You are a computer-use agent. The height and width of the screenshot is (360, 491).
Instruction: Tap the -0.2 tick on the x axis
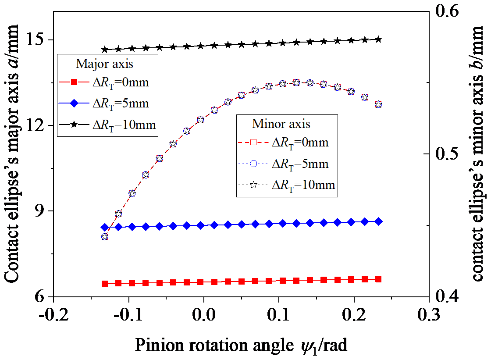pos(53,315)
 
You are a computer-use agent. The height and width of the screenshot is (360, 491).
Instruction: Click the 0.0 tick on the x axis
pos(203,315)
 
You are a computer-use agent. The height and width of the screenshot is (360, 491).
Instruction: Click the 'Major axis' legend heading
pos(105,64)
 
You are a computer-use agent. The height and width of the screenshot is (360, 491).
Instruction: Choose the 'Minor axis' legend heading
pos(281,124)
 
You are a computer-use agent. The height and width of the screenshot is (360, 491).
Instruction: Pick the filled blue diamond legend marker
pos(74,104)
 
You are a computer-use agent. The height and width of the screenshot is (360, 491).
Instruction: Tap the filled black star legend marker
pos(74,125)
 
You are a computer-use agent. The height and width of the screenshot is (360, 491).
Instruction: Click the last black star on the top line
pos(379,39)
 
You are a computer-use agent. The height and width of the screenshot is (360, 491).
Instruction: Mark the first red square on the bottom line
pos(105,284)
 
